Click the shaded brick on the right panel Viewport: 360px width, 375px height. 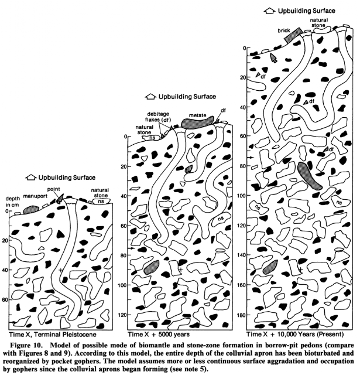[293, 35]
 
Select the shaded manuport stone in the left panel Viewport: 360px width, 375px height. [31, 210]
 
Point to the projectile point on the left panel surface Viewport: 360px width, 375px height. [60, 199]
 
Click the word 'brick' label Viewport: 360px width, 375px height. [284, 30]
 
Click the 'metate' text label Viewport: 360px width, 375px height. [197, 115]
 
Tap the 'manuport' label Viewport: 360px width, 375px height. [35, 196]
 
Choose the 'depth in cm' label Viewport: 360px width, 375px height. [13, 202]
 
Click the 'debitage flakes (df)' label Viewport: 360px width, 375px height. [158, 117]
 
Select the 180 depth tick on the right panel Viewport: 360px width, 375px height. [243, 315]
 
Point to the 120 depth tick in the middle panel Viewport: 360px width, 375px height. [124, 315]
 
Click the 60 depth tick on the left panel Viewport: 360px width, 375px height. [6, 300]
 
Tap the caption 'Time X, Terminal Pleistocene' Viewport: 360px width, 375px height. [53, 334]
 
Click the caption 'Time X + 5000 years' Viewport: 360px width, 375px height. [159, 334]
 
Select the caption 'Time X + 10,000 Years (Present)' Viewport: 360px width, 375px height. [295, 334]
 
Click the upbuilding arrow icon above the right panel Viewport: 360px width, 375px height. [270, 11]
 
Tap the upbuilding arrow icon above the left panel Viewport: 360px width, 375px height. [31, 178]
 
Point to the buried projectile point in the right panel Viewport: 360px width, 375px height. [273, 57]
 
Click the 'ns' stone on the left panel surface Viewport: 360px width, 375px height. [101, 201]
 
